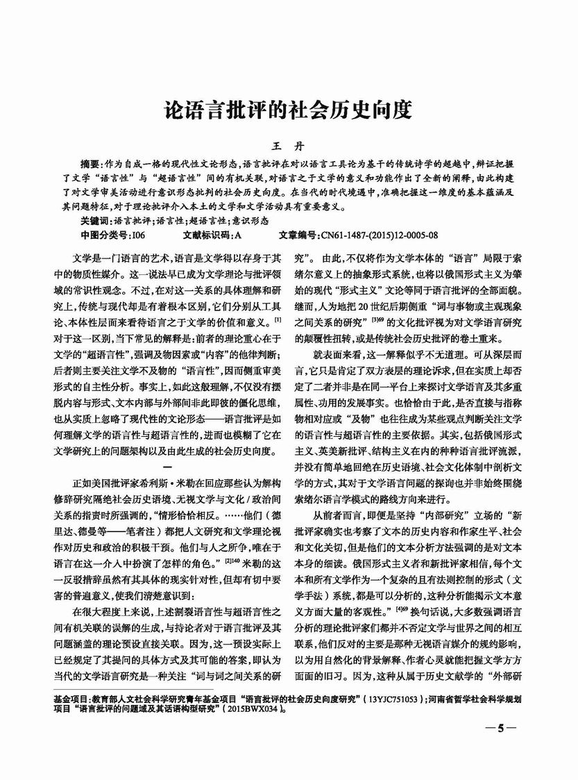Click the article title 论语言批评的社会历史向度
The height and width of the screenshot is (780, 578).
288,110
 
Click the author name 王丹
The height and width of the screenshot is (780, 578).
289,146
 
